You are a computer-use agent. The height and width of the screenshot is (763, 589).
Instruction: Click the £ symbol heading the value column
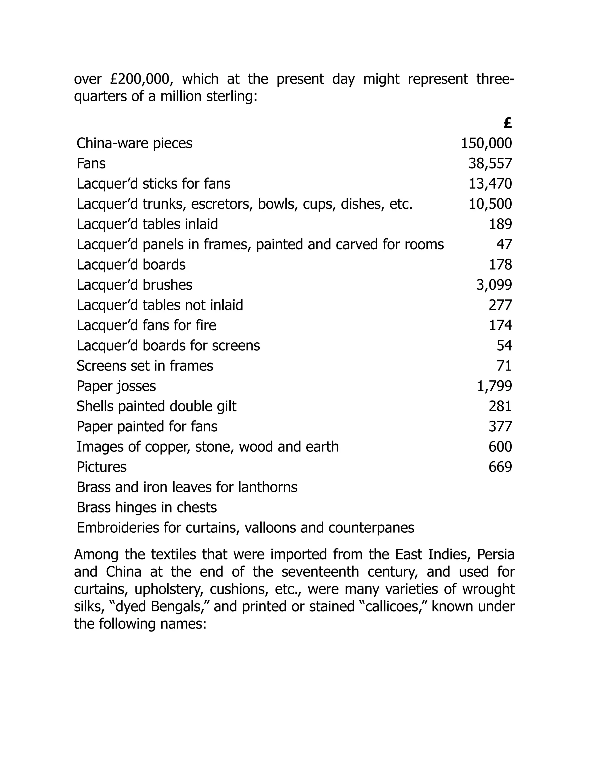coord(508,123)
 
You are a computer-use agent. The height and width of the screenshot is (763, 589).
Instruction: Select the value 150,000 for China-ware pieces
coord(486,144)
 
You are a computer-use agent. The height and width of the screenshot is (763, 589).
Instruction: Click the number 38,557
coord(490,164)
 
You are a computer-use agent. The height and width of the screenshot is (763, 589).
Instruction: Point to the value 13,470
coord(490,184)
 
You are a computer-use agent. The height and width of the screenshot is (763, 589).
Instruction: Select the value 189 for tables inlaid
coord(500,224)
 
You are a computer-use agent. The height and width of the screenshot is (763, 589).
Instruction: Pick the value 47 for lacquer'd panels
coord(504,244)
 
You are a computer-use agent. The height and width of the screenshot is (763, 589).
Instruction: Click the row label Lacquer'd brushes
coord(134,285)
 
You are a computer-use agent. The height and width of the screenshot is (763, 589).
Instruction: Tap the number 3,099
coord(494,285)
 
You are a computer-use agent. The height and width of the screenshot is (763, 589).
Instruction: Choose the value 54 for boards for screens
coord(504,346)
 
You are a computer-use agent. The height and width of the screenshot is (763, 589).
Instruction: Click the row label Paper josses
coord(116,386)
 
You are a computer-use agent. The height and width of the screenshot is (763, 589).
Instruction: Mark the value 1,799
coord(494,386)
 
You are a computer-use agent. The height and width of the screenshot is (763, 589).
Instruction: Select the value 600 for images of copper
coord(500,447)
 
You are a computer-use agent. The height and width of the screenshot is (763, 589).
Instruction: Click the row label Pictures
coord(102,467)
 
